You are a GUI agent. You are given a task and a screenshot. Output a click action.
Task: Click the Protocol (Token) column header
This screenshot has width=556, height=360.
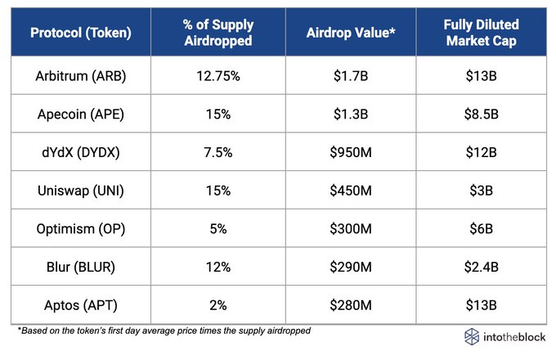[81, 33]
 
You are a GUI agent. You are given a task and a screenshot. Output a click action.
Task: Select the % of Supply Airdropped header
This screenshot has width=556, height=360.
[218, 33]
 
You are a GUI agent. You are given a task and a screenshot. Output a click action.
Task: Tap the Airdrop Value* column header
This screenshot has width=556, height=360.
[351, 33]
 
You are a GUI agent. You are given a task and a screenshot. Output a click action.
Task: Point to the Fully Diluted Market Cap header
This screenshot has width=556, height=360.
[481, 33]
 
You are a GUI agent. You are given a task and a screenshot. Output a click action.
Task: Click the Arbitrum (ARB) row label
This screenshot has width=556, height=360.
[81, 76]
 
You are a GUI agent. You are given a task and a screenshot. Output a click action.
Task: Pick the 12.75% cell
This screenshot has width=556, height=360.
[218, 76]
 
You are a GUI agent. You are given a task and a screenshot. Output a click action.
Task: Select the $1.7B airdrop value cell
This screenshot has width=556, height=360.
[351, 76]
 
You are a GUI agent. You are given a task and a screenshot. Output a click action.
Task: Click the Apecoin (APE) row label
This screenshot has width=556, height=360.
[81, 115]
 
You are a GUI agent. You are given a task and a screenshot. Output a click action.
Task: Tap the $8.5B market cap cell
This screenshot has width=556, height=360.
[481, 115]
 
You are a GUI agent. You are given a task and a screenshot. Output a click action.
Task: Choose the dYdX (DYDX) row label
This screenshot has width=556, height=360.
[81, 152]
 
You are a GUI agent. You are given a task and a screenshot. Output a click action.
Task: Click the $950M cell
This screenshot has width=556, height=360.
[351, 152]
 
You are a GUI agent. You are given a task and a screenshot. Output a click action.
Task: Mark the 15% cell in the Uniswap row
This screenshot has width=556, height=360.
[218, 191]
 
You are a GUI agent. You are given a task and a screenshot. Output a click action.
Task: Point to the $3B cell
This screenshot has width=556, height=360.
[481, 191]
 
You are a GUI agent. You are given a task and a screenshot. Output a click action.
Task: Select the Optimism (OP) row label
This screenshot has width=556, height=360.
[81, 229]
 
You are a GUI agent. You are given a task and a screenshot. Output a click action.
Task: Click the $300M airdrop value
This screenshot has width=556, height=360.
[351, 229]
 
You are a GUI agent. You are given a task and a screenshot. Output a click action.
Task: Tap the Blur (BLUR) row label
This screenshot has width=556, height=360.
[81, 267]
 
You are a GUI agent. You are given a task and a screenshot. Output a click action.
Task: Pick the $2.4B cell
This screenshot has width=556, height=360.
[481, 267]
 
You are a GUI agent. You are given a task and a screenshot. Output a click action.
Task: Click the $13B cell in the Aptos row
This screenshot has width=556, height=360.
[481, 305]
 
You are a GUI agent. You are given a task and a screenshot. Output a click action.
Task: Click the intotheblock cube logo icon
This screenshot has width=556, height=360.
[472, 336]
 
